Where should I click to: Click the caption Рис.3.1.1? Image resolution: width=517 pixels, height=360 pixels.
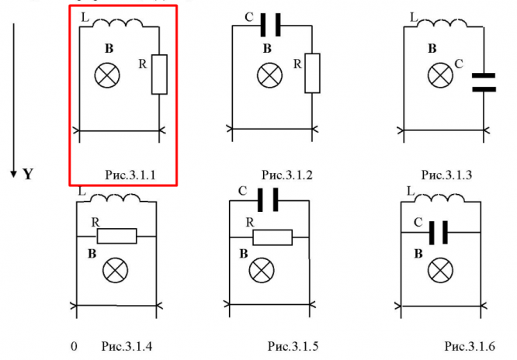pyautogui.click(x=130, y=176)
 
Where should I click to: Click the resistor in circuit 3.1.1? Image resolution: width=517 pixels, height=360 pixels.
pyautogui.click(x=159, y=74)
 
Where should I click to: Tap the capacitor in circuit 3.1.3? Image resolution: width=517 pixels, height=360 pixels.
pyautogui.click(x=484, y=82)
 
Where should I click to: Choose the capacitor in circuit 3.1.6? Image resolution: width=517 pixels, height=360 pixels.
pyautogui.click(x=441, y=232)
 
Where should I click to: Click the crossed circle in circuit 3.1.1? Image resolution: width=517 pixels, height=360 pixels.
pyautogui.click(x=105, y=74)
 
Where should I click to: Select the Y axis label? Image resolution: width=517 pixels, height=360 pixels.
pyautogui.click(x=27, y=175)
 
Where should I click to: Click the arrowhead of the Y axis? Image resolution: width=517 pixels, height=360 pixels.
pyautogui.click(x=13, y=171)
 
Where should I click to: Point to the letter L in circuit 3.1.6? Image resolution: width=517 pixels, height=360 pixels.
pyautogui.click(x=410, y=191)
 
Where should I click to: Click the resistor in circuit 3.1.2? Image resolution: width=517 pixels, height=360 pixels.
pyautogui.click(x=312, y=72)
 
